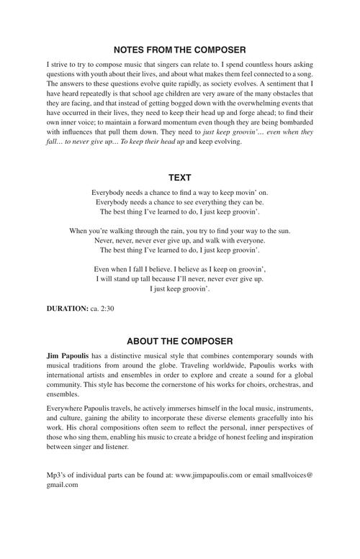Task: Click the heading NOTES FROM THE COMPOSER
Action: coord(180,50)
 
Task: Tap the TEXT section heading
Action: coord(180,176)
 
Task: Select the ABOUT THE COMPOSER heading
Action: coord(180,341)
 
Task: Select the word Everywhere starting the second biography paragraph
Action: coord(65,408)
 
